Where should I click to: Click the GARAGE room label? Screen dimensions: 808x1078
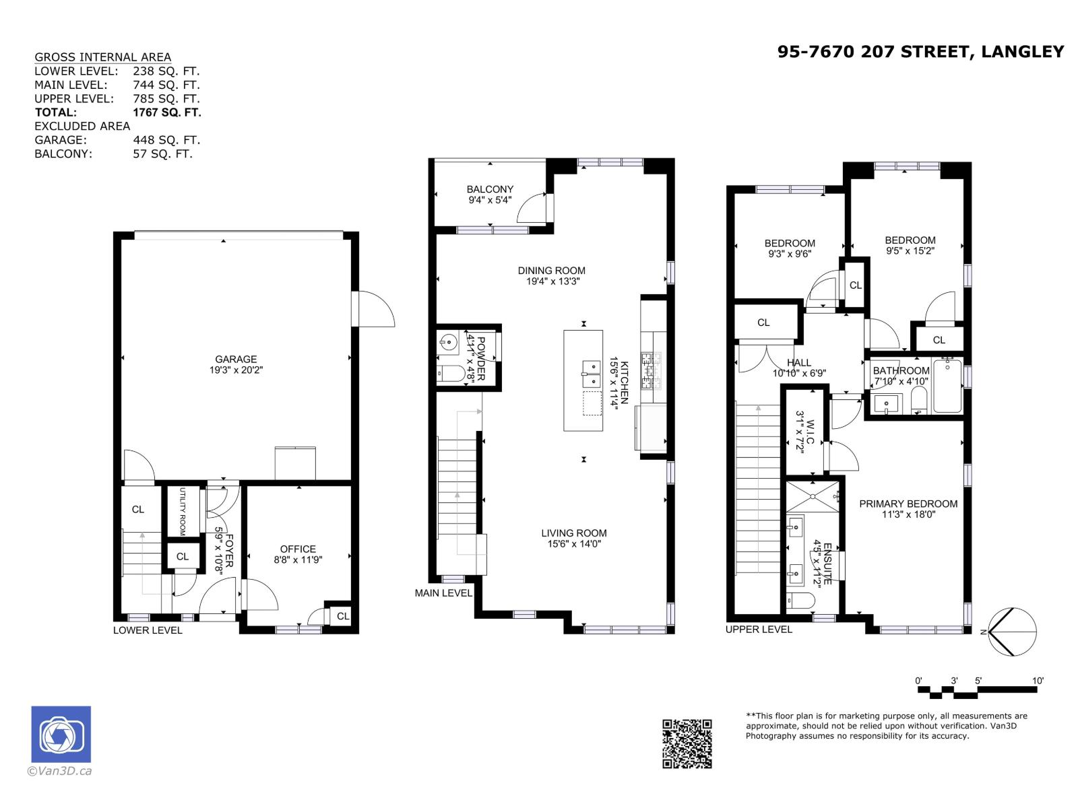click(x=236, y=359)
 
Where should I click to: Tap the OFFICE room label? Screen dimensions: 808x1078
click(x=298, y=549)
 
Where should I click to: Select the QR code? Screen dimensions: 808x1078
click(x=687, y=743)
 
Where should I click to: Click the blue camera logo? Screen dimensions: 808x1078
click(x=61, y=735)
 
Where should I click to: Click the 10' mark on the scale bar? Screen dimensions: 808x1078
click(x=1038, y=681)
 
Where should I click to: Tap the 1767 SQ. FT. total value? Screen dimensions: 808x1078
click(x=167, y=112)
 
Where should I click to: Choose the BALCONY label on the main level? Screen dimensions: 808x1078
click(x=490, y=189)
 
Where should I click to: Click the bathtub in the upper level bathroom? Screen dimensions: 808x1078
click(x=947, y=386)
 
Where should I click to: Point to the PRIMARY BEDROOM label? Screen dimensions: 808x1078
click(x=908, y=504)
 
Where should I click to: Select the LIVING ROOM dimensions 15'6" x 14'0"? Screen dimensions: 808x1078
click(x=573, y=544)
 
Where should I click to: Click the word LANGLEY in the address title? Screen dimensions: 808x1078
click(x=1022, y=52)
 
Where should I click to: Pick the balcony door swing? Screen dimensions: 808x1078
click(x=532, y=208)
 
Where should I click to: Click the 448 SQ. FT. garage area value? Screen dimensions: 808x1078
click(x=166, y=140)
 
